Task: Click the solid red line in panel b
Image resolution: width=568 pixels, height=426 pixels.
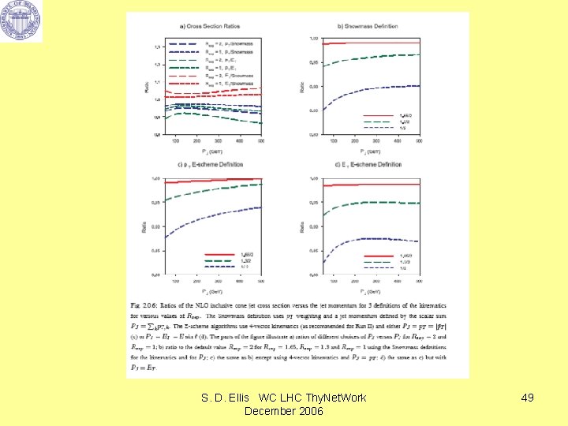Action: [371, 43]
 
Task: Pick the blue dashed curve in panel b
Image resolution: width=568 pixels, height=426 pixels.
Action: [371, 86]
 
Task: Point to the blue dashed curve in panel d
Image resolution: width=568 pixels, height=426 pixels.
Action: [371, 238]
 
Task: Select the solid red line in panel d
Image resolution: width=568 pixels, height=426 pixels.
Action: [371, 185]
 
